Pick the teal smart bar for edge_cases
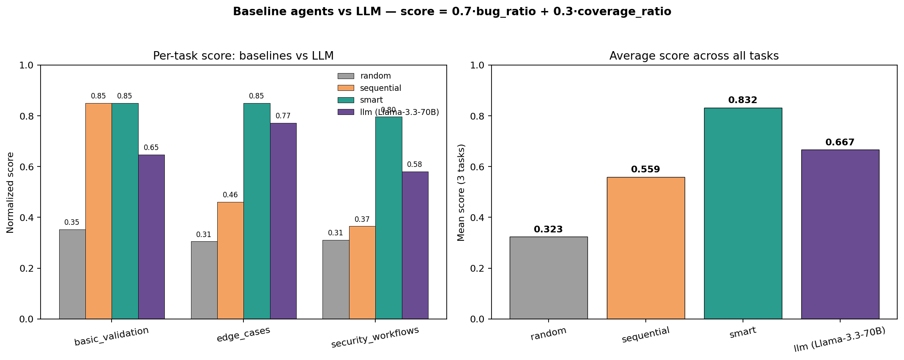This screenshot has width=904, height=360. pyautogui.click(x=257, y=211)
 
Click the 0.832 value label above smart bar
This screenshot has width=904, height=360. pyautogui.click(x=743, y=101)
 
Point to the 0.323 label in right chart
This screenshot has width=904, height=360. pyautogui.click(x=548, y=229)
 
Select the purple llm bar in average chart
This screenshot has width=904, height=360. pyautogui.click(x=840, y=234)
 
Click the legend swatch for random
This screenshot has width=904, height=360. pyautogui.click(x=345, y=76)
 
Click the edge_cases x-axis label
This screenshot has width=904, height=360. pyautogui.click(x=243, y=334)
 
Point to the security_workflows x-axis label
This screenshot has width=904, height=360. pyautogui.click(x=375, y=337)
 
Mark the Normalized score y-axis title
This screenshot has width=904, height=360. pyautogui.click(x=11, y=192)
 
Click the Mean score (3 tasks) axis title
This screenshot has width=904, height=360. pyautogui.click(x=461, y=192)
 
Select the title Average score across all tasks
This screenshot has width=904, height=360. pyautogui.click(x=694, y=56)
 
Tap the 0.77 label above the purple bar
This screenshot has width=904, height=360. pyautogui.click(x=283, y=116)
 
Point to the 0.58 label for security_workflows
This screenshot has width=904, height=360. pyautogui.click(x=414, y=165)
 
